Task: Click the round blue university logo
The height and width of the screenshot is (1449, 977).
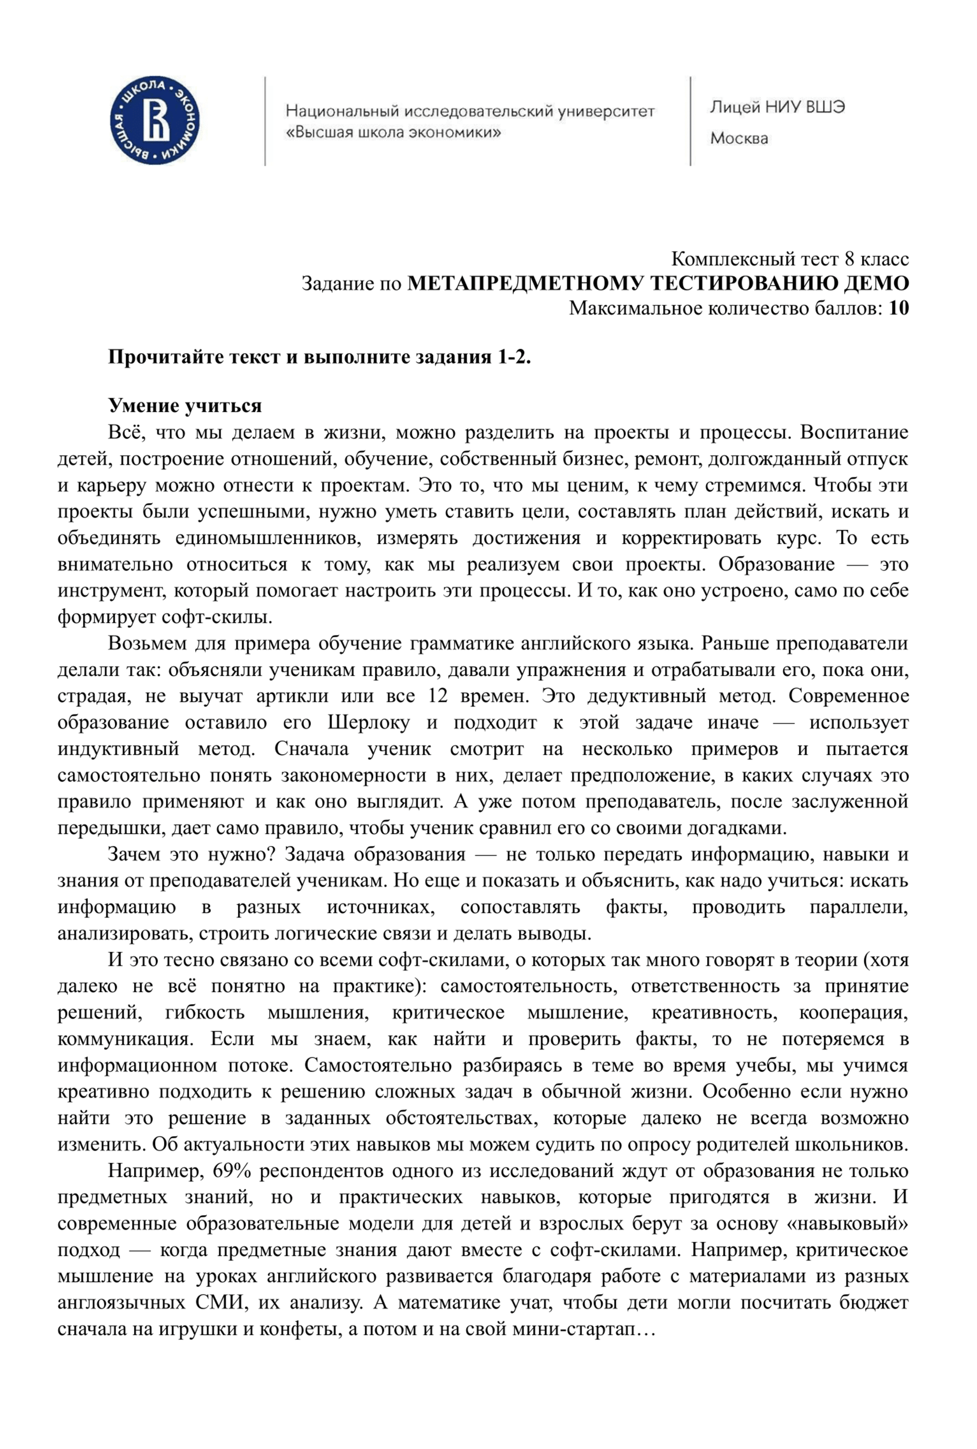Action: pyautogui.click(x=154, y=121)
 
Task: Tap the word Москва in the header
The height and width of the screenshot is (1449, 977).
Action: pyautogui.click(x=739, y=138)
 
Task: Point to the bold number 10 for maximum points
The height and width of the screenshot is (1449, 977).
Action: pyautogui.click(x=899, y=308)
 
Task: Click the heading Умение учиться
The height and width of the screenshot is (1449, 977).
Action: pyautogui.click(x=185, y=406)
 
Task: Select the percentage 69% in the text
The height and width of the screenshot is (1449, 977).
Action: pyautogui.click(x=232, y=1171)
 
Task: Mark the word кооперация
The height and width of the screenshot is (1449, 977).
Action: pyautogui.click(x=853, y=1012)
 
